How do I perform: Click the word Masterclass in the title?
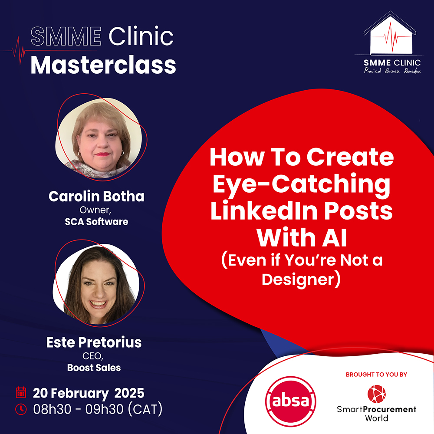coord(103,66)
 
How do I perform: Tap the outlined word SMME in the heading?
coord(66,36)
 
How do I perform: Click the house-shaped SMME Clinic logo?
coord(390,33)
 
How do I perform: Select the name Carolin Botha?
coord(96,196)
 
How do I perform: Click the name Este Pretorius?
coord(94,342)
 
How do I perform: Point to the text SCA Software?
coord(96,222)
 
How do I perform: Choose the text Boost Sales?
coord(94,368)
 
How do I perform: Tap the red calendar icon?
coord(21,392)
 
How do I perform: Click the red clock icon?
coord(21,409)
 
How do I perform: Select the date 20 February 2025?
coord(89,393)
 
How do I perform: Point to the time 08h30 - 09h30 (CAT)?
coord(98,409)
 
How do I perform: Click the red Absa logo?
coord(291,401)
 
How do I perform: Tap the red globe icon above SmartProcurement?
coord(376,394)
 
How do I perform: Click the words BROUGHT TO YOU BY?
coord(376,375)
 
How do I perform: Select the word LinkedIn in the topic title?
coord(264,211)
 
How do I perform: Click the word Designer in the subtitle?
coord(298,279)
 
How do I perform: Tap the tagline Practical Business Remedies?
coord(392,71)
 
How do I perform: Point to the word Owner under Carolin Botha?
coord(95,210)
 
